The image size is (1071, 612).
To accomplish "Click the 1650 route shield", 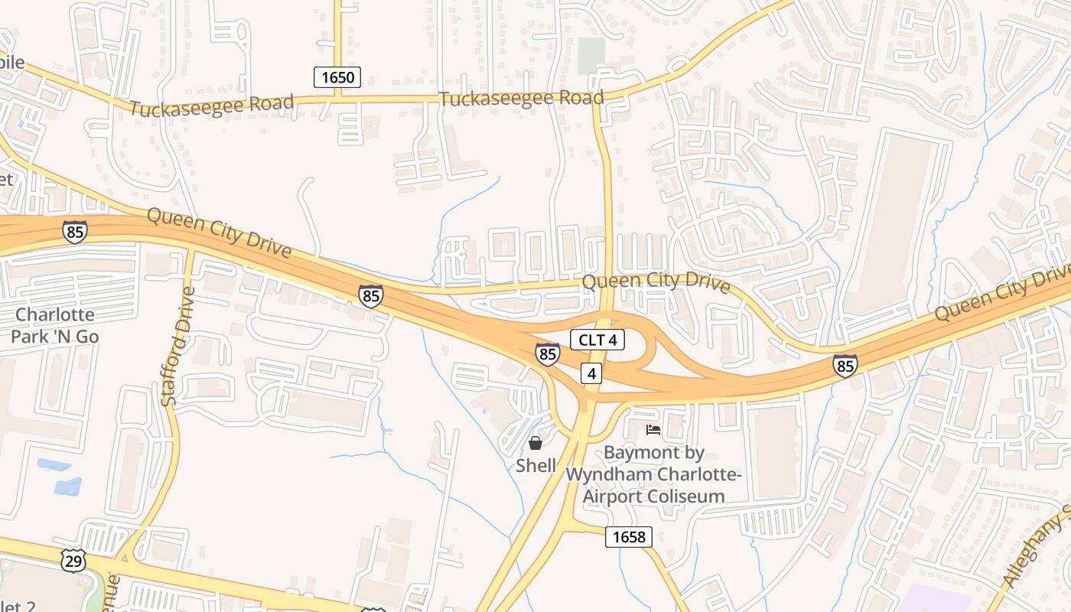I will click(337, 76).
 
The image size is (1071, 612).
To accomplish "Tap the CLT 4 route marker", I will click(597, 340).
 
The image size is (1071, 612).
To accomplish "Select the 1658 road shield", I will click(629, 537).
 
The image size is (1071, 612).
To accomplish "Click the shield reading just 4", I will click(591, 373).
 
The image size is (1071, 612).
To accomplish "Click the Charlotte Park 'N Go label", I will click(55, 325).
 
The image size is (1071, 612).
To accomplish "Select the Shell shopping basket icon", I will click(535, 443).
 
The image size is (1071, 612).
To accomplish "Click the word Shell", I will click(535, 465).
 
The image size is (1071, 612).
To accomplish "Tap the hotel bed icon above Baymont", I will click(653, 430).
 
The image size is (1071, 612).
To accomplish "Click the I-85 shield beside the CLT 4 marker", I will click(547, 353).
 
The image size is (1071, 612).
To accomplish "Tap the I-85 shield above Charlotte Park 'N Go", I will click(74, 231).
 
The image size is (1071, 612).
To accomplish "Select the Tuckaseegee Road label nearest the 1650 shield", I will click(211, 106).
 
